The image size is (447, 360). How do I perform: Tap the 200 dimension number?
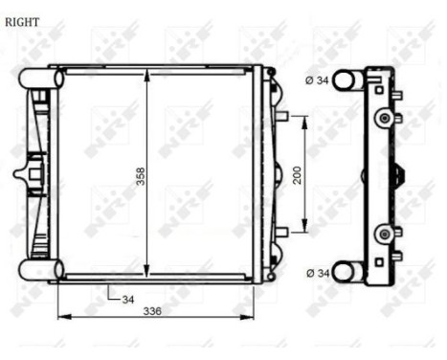point(297,175)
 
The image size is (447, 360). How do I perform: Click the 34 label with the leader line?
point(127,299)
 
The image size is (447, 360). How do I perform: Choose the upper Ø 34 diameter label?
point(317,80)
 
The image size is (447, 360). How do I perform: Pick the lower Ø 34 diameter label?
point(317,273)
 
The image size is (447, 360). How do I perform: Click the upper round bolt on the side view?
point(385,118)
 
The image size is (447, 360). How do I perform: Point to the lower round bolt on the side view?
point(385,233)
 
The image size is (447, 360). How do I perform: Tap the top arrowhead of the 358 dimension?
point(145,75)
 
